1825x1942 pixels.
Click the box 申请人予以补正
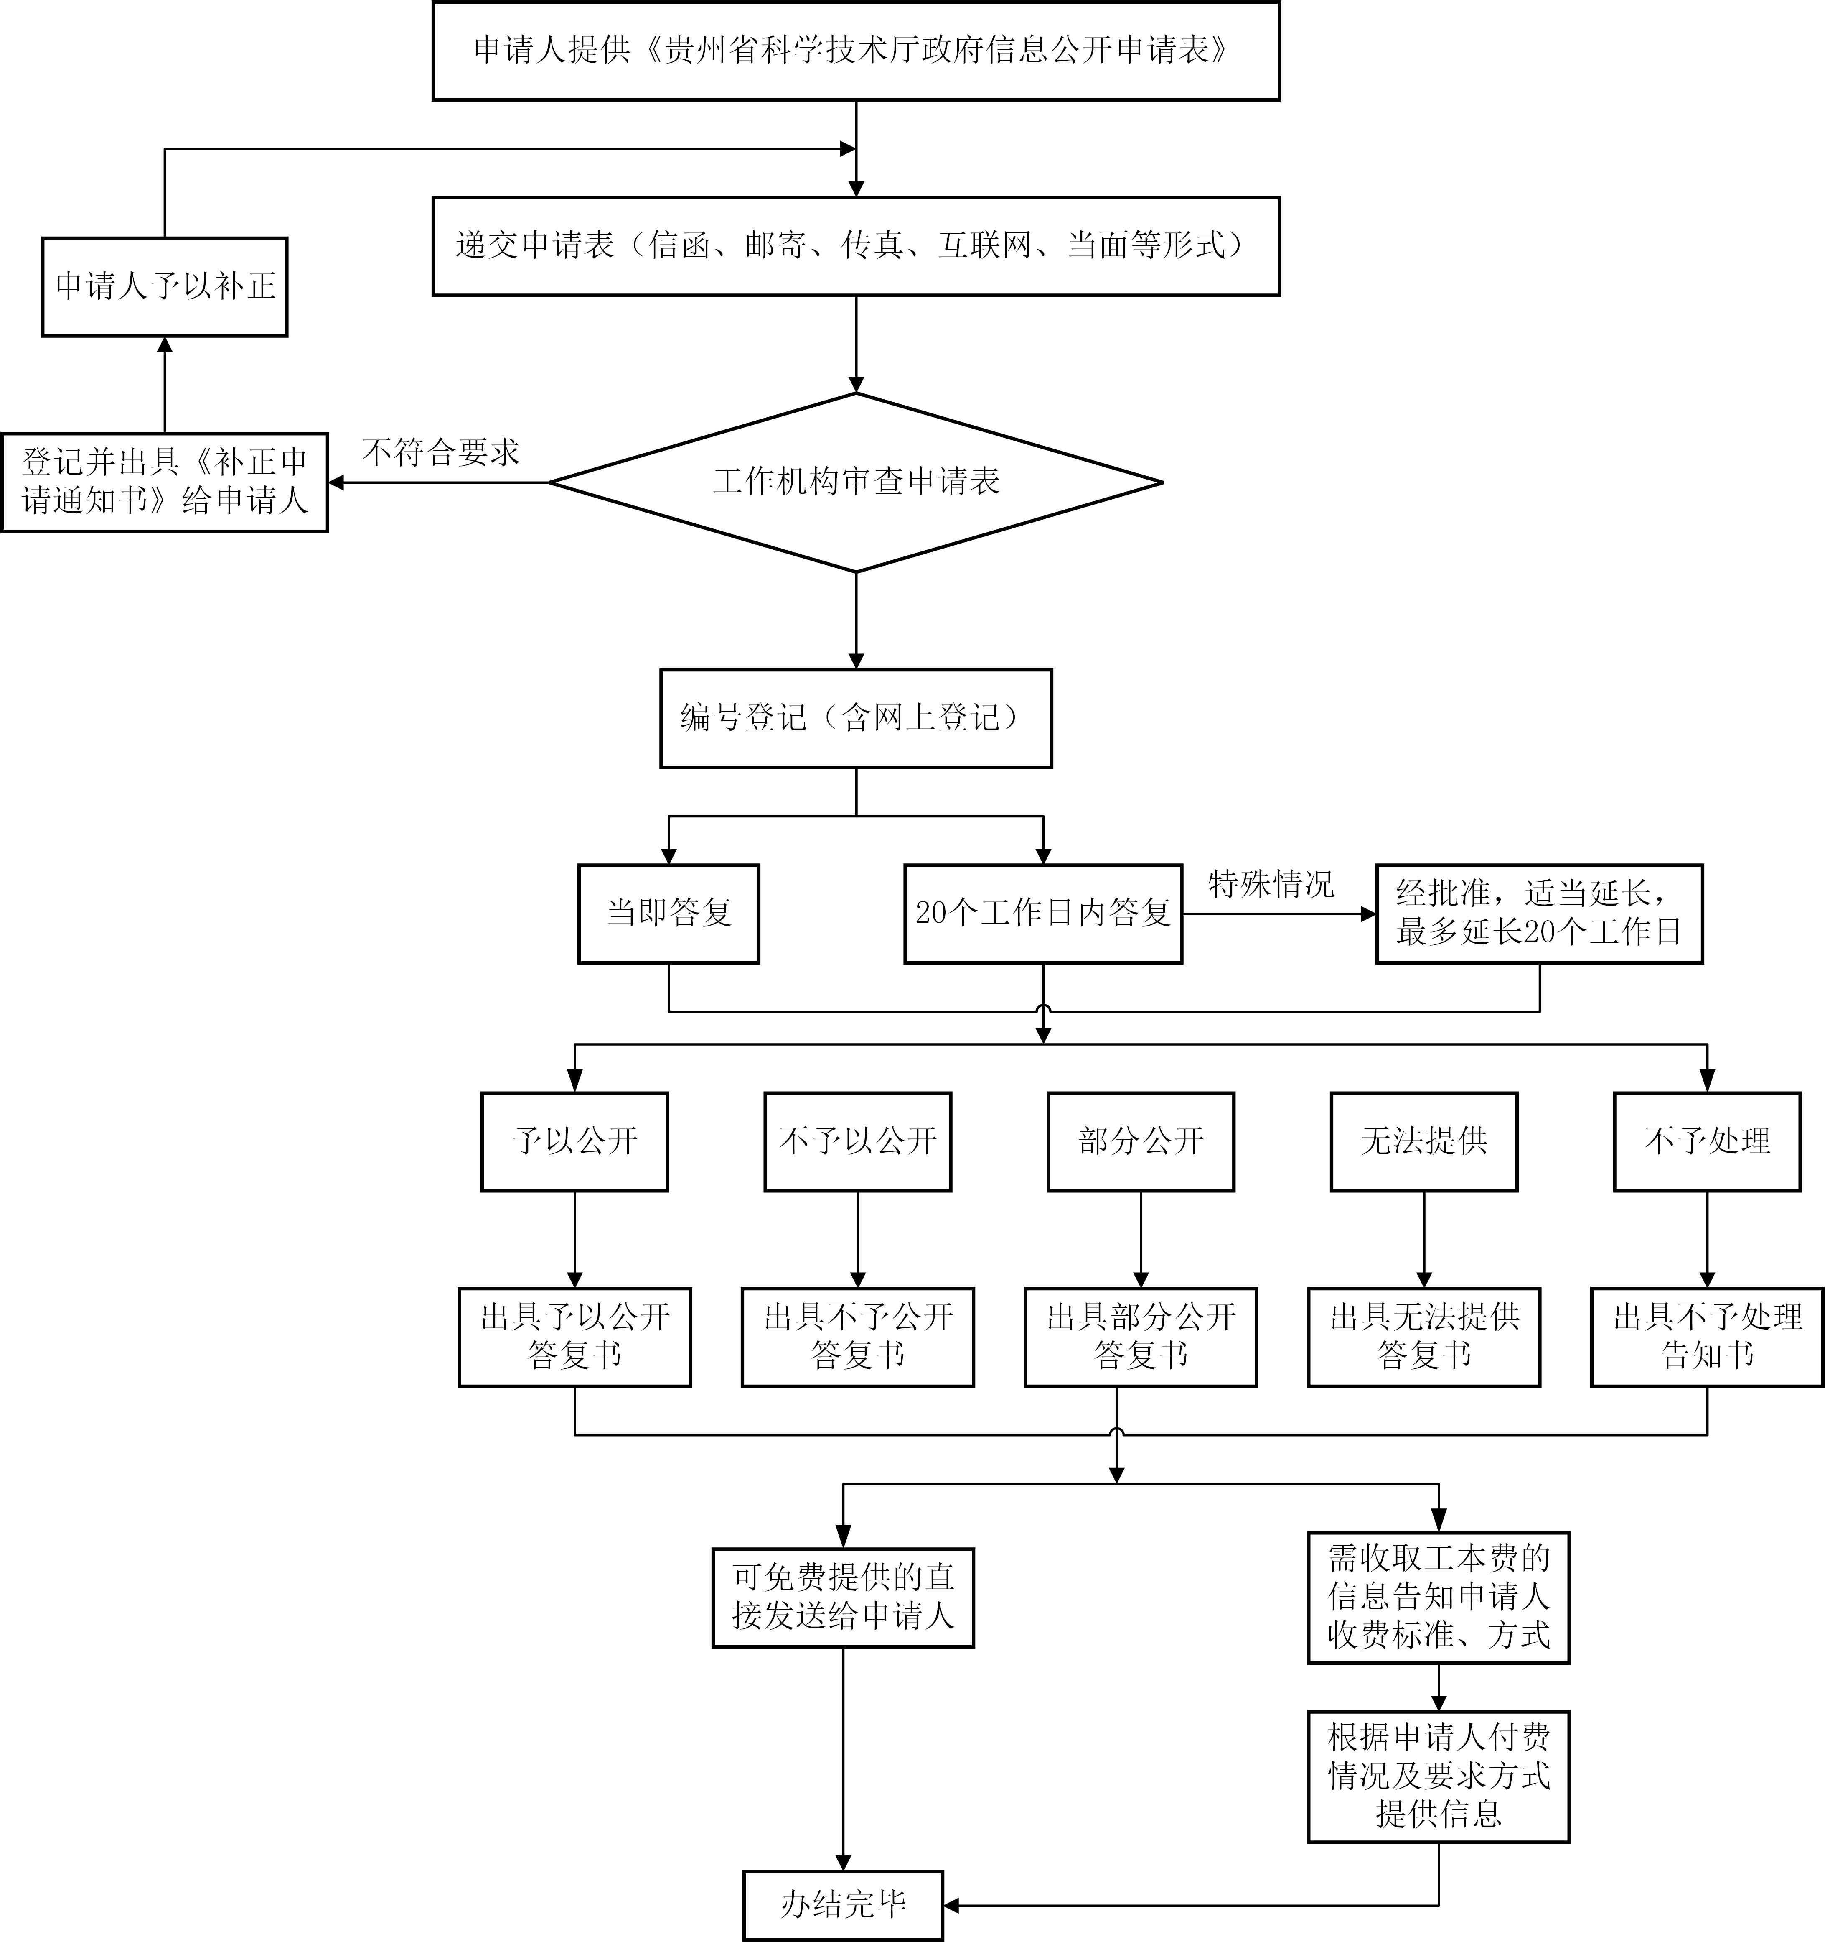(x=164, y=286)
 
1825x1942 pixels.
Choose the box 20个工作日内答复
(x=1043, y=914)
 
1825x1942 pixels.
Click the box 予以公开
(x=574, y=1141)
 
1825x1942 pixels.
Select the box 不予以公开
(x=857, y=1141)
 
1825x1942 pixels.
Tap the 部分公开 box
(x=1141, y=1141)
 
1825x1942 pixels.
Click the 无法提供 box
(x=1423, y=1141)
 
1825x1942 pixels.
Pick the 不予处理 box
(x=1707, y=1141)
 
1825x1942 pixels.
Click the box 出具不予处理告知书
(x=1707, y=1336)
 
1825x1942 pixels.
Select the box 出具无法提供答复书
(x=1423, y=1336)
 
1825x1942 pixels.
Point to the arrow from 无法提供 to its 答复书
(x=1423, y=1239)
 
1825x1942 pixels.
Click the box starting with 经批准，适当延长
(x=1539, y=914)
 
